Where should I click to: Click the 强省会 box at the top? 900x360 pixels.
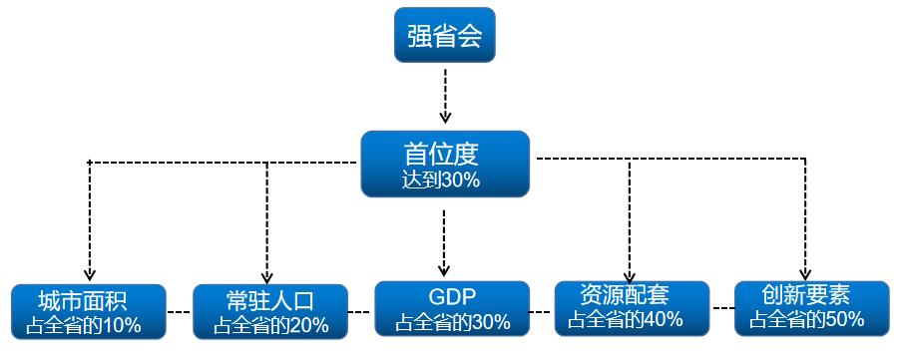(445, 36)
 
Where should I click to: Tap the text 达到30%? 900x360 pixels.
(441, 180)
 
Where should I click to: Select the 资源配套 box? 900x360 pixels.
(631, 307)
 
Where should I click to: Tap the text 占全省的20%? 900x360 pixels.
(268, 325)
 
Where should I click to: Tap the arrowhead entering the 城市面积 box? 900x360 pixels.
(89, 275)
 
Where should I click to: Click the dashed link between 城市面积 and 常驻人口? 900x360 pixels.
(178, 312)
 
